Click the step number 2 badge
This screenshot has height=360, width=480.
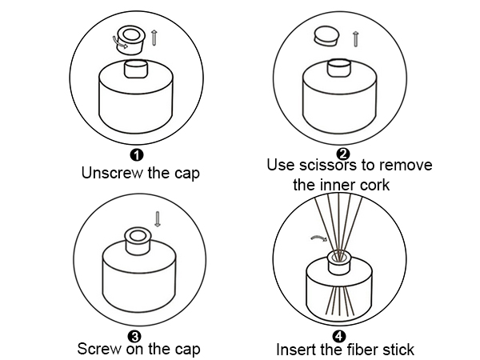click(343, 154)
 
